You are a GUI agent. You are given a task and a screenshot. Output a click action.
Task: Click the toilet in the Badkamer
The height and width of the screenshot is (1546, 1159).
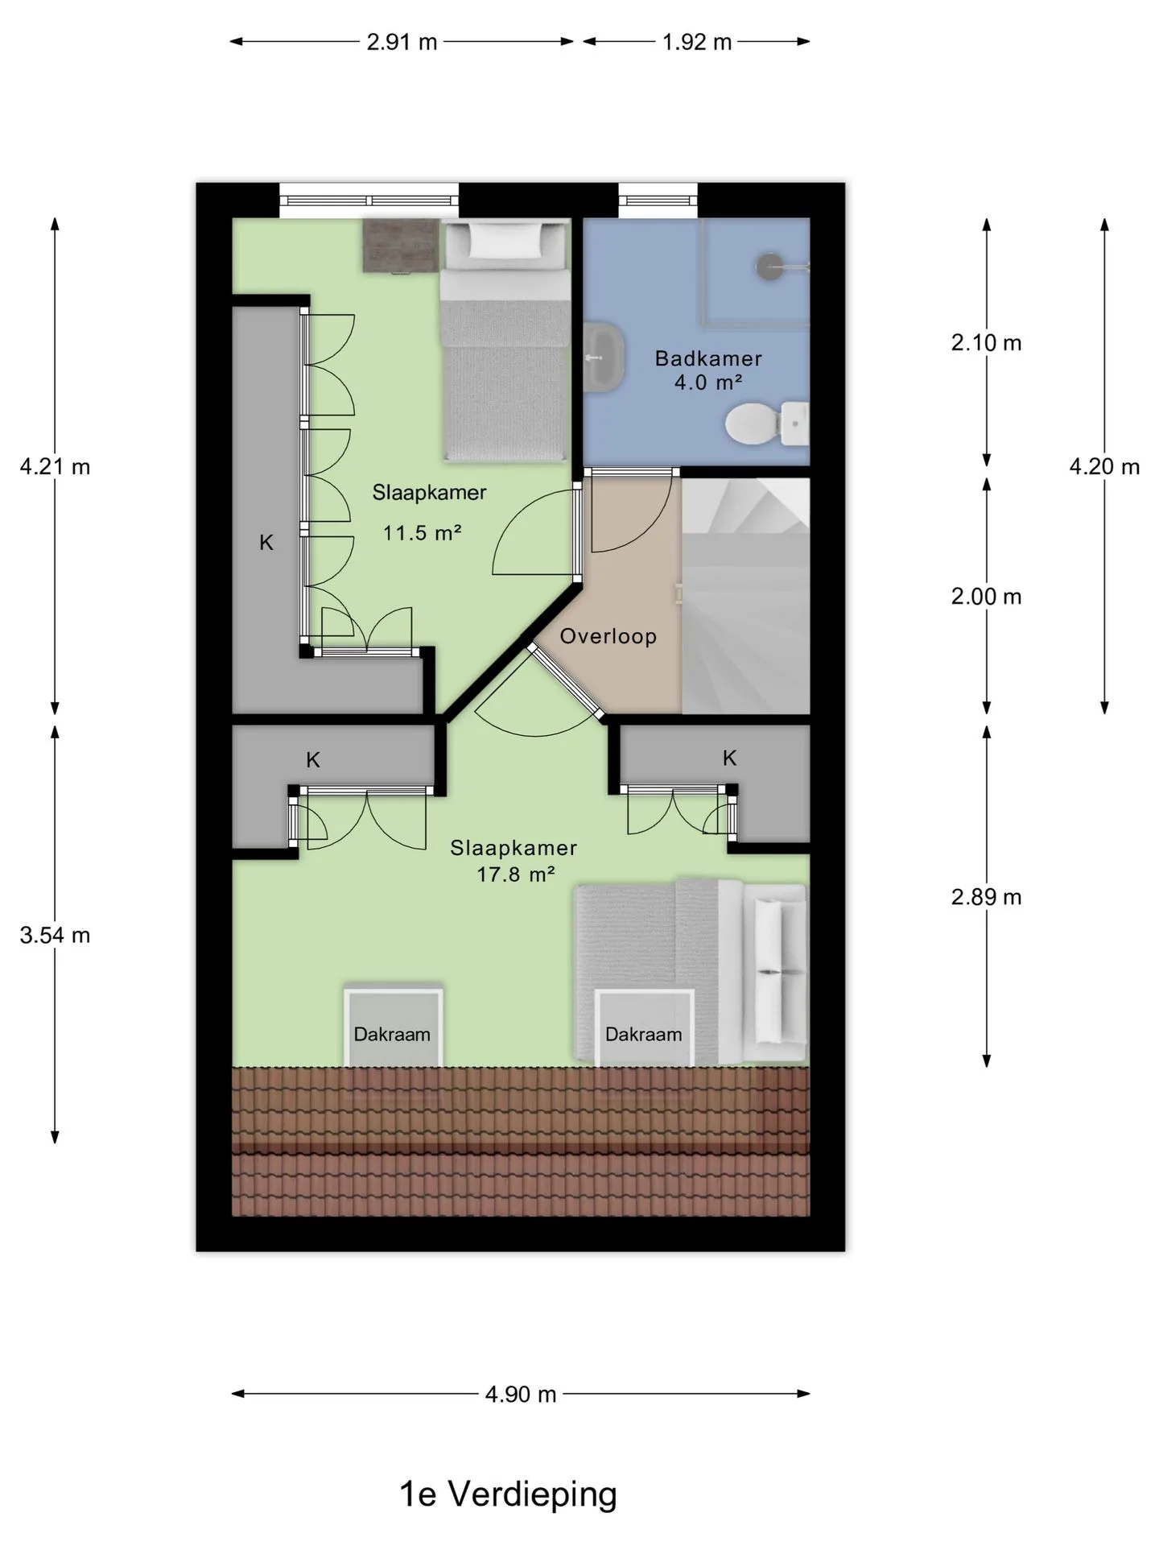[x=766, y=424]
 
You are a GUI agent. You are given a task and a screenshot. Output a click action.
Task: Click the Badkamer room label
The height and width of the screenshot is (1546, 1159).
[x=708, y=358]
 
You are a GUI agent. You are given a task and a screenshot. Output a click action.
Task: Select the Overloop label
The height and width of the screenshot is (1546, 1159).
[x=608, y=636]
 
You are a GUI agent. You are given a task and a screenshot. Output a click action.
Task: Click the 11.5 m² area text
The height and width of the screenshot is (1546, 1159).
[x=422, y=532]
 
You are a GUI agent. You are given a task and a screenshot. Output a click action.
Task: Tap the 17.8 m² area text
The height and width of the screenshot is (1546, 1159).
[x=516, y=874]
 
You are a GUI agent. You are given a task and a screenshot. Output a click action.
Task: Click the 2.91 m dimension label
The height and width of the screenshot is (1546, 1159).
[x=402, y=42]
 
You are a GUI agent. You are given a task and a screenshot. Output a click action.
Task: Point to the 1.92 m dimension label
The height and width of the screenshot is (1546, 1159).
[x=697, y=42]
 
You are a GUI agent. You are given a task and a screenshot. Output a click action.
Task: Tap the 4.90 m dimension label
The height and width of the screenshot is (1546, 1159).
[x=521, y=1394]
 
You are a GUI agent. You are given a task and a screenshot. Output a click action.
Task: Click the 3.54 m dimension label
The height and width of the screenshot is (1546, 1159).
[x=55, y=935]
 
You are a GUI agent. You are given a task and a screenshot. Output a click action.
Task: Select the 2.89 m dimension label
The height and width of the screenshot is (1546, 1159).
[x=986, y=897]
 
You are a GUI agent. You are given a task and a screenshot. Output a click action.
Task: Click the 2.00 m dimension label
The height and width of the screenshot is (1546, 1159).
[x=986, y=597]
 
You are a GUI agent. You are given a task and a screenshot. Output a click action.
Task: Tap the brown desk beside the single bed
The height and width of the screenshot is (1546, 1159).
[x=401, y=246]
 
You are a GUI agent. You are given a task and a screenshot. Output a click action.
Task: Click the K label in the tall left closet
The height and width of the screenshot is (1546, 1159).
[x=266, y=543]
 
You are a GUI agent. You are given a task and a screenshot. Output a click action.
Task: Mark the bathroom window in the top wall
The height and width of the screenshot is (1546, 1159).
[x=658, y=200]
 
